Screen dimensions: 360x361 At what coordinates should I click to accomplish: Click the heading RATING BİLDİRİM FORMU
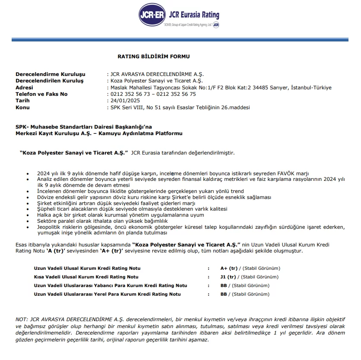153,56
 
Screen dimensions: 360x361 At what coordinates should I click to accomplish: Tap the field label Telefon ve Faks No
41,94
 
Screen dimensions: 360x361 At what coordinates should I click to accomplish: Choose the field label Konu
22,107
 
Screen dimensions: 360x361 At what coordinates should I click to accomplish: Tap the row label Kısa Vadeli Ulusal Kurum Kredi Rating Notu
86,277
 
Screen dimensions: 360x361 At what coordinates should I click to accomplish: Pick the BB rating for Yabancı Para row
224,285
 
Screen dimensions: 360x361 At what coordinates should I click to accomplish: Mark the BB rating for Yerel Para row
224,294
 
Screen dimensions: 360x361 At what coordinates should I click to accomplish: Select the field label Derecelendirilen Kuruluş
49,81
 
